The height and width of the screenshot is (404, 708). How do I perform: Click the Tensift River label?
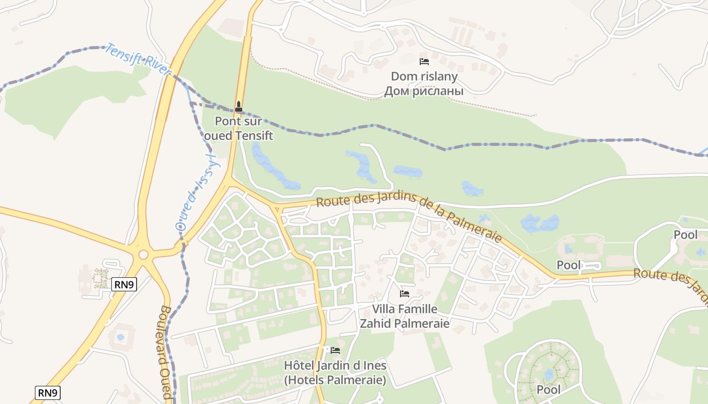tap(138, 60)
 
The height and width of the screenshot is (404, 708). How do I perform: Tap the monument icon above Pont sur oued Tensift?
tap(239, 107)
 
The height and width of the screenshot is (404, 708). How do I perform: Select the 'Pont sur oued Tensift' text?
tap(238, 128)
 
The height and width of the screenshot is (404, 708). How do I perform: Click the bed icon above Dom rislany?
tap(424, 62)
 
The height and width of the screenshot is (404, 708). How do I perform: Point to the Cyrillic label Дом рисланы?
tap(424, 91)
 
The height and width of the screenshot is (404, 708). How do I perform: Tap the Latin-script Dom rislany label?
tap(424, 77)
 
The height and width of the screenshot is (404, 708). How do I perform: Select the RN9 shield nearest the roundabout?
tap(124, 285)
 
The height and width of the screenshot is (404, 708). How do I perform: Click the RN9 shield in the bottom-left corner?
tap(48, 393)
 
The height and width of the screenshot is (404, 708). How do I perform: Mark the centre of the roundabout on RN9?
tap(143, 255)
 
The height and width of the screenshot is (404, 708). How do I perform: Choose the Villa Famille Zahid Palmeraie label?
tap(404, 316)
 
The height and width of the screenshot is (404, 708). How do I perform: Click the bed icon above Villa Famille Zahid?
tap(404, 293)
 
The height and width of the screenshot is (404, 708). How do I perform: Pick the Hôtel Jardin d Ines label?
tap(335, 373)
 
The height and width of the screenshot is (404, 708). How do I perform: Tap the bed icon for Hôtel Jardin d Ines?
tap(335, 350)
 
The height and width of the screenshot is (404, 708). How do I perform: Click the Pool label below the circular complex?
tap(548, 390)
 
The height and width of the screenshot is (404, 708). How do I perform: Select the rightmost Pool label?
tap(685, 235)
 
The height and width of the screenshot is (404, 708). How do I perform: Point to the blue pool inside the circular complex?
tap(549, 374)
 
